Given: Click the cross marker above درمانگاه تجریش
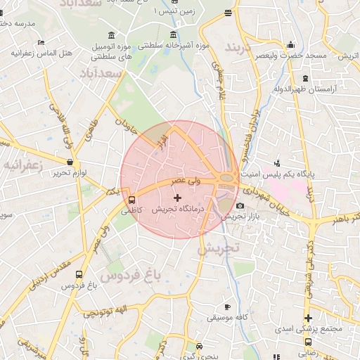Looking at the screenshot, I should pyautogui.click(x=177, y=198).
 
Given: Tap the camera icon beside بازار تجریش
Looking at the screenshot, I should pyautogui.click(x=240, y=206).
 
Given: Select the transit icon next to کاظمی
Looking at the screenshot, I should pyautogui.click(x=132, y=198).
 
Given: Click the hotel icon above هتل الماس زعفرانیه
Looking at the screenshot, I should pyautogui.click(x=39, y=43).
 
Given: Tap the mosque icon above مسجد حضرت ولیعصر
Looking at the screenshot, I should pyautogui.click(x=290, y=46).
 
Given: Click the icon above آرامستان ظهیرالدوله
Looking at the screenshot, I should pyautogui.click(x=304, y=78).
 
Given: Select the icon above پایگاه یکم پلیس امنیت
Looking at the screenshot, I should pyautogui.click(x=276, y=162).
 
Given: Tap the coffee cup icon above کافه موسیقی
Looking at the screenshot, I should pyautogui.click(x=226, y=307).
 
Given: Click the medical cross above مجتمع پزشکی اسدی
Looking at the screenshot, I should pyautogui.click(x=308, y=318).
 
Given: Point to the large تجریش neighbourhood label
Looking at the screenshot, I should pyautogui.click(x=219, y=247).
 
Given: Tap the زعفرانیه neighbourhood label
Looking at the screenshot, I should pyautogui.click(x=23, y=165).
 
